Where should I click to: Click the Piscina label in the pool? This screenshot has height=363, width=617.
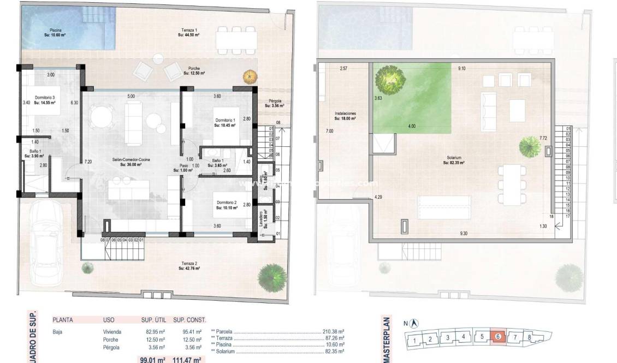(55, 32)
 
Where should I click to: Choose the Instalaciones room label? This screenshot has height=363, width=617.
(345, 115)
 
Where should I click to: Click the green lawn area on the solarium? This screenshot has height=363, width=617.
(412, 98)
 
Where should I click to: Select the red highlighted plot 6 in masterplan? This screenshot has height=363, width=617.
(497, 337)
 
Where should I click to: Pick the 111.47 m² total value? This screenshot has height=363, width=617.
(188, 359)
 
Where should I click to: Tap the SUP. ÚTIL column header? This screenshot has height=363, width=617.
(153, 320)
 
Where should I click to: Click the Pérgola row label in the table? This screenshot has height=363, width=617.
(111, 347)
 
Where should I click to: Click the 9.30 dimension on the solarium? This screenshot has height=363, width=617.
(464, 234)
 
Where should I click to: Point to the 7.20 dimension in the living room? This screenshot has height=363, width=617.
(88, 162)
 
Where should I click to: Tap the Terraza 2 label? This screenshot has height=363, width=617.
(188, 266)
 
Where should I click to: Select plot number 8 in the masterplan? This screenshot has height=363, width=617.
(529, 337)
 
